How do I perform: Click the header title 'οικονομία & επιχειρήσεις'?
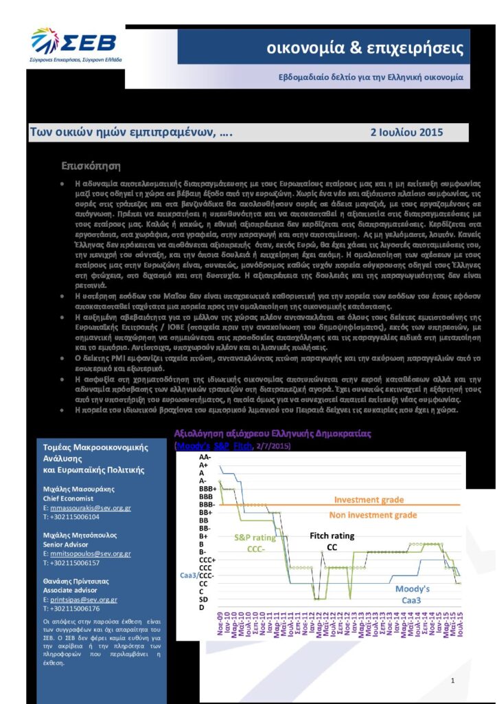click(365, 49)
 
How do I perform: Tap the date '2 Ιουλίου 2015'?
click(406, 132)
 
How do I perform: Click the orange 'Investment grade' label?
click(369, 500)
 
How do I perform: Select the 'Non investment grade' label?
click(372, 515)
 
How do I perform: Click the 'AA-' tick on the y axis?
click(205, 456)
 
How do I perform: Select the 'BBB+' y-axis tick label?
click(207, 488)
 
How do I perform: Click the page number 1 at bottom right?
click(453, 681)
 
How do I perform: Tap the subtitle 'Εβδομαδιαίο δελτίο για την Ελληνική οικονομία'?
click(371, 77)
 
